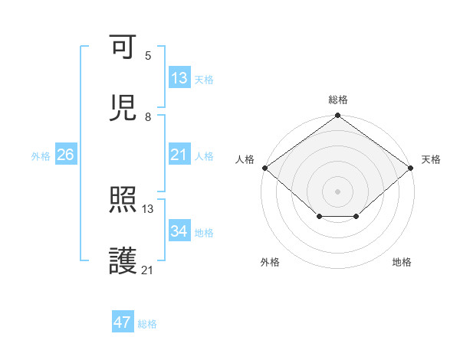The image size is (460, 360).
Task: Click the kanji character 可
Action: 123,48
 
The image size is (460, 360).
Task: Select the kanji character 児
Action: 123,108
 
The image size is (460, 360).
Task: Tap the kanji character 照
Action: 123,201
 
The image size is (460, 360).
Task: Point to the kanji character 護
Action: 123,260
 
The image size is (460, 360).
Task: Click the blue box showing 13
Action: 179,78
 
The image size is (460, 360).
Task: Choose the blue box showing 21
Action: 179,155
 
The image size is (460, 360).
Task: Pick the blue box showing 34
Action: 179,231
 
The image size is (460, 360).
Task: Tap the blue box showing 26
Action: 65,155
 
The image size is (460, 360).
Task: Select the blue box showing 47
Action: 123,322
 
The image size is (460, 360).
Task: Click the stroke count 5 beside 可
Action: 148,56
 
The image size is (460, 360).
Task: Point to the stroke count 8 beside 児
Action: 148,116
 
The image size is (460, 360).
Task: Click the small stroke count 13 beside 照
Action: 148,208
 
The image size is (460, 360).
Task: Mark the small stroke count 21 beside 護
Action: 148,269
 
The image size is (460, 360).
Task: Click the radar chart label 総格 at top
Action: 338,100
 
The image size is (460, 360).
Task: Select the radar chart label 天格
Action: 431,159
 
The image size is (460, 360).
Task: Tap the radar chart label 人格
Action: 245,159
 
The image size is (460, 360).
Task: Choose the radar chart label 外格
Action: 270,263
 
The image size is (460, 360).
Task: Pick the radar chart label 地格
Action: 402,263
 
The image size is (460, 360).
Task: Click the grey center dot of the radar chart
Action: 337,191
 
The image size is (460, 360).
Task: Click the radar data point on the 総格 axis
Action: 337,116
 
